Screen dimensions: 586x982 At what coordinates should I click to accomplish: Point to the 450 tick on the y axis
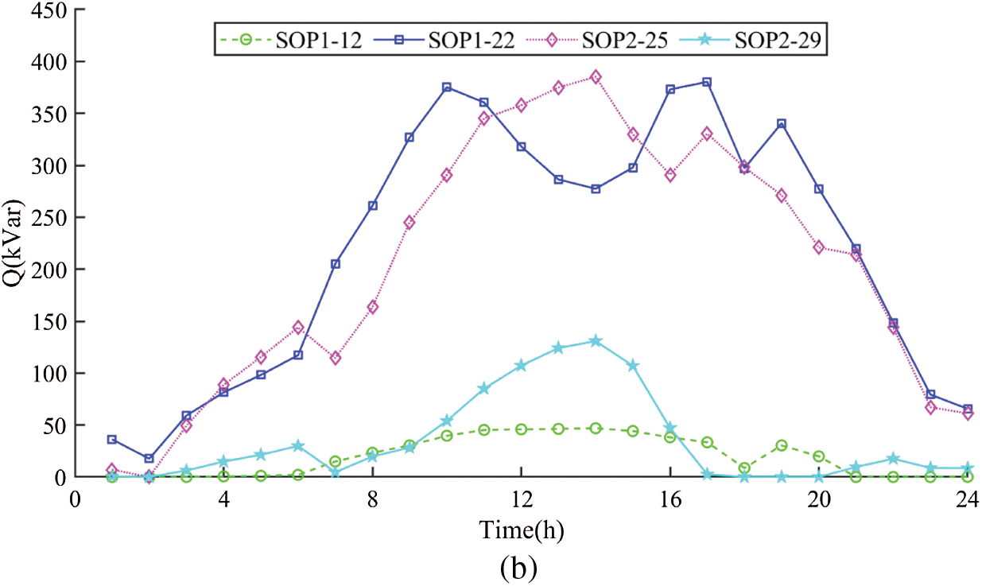[49, 10]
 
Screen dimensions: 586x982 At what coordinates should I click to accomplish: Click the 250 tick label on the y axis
[49, 217]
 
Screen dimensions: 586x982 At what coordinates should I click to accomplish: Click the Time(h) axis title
[521, 529]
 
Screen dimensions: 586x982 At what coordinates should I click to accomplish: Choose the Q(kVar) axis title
[16, 243]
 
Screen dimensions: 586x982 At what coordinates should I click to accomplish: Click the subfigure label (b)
[521, 568]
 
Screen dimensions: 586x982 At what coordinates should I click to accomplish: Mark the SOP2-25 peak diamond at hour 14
[596, 77]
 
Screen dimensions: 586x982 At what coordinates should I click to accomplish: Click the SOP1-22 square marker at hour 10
[447, 87]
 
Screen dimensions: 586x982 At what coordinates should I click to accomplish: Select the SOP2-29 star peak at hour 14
[596, 341]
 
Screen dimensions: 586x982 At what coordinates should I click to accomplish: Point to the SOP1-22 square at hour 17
[707, 82]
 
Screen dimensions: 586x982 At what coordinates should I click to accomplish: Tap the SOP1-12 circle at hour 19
[782, 445]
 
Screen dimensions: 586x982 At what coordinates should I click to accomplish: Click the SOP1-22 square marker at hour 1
[112, 440]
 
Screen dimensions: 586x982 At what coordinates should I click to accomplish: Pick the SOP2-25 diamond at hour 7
[336, 358]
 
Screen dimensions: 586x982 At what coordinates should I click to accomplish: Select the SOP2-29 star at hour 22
[893, 459]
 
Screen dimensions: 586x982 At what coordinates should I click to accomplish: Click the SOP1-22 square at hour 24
[967, 409]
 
